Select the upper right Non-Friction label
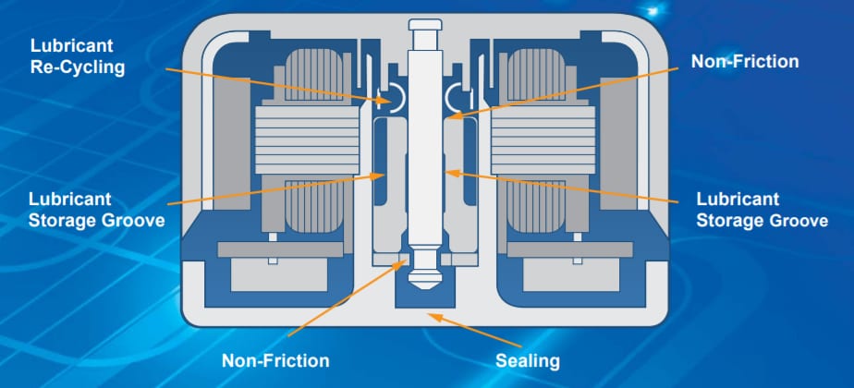click(744, 62)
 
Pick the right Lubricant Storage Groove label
click(750, 209)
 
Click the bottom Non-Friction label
click(274, 359)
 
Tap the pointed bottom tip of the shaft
click(425, 283)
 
